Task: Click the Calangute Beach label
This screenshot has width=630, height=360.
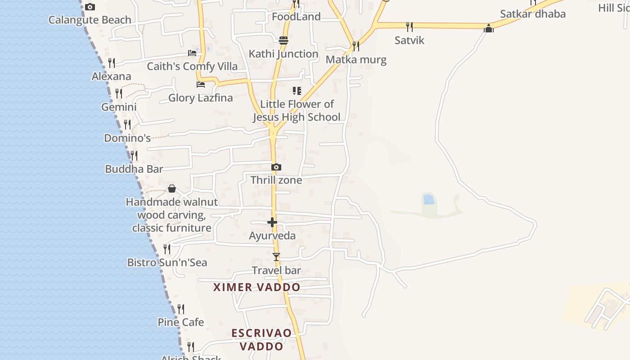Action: click(90, 20)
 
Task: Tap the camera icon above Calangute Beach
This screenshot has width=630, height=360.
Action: click(90, 7)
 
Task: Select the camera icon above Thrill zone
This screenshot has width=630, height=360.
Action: click(276, 167)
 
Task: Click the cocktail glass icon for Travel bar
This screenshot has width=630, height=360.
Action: click(276, 257)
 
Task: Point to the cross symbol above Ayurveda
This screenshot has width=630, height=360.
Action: click(272, 222)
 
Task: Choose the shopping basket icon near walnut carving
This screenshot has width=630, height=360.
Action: click(172, 189)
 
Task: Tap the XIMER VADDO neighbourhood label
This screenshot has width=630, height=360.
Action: click(256, 287)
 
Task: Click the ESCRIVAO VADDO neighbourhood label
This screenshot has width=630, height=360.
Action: click(261, 339)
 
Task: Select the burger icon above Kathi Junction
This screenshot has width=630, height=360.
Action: click(283, 40)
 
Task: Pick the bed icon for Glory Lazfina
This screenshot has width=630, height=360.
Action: click(201, 85)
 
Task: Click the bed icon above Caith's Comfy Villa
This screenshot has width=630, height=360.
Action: click(192, 53)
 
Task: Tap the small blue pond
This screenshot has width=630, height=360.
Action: click(428, 199)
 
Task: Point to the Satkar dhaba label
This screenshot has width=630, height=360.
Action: click(532, 14)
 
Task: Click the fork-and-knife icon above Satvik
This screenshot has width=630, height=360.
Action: click(409, 27)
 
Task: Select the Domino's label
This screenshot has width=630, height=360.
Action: click(127, 138)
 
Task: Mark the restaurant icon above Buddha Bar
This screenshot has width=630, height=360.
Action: click(134, 156)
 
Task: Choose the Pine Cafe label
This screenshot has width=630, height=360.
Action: click(180, 322)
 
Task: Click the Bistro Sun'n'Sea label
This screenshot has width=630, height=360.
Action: click(167, 262)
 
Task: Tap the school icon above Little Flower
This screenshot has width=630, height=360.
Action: click(297, 91)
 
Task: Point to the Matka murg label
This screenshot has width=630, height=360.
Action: click(356, 59)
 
